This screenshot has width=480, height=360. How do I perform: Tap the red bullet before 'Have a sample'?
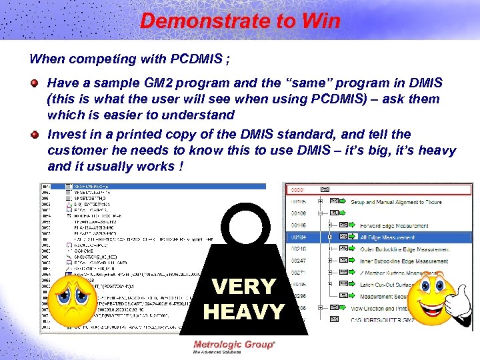[x=35, y=83]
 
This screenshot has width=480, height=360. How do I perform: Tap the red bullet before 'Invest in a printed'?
[x=35, y=134]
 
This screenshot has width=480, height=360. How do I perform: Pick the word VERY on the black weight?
[x=243, y=287]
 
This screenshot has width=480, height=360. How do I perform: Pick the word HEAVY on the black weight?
[x=243, y=311]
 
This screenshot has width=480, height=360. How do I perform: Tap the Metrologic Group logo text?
[x=234, y=345]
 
